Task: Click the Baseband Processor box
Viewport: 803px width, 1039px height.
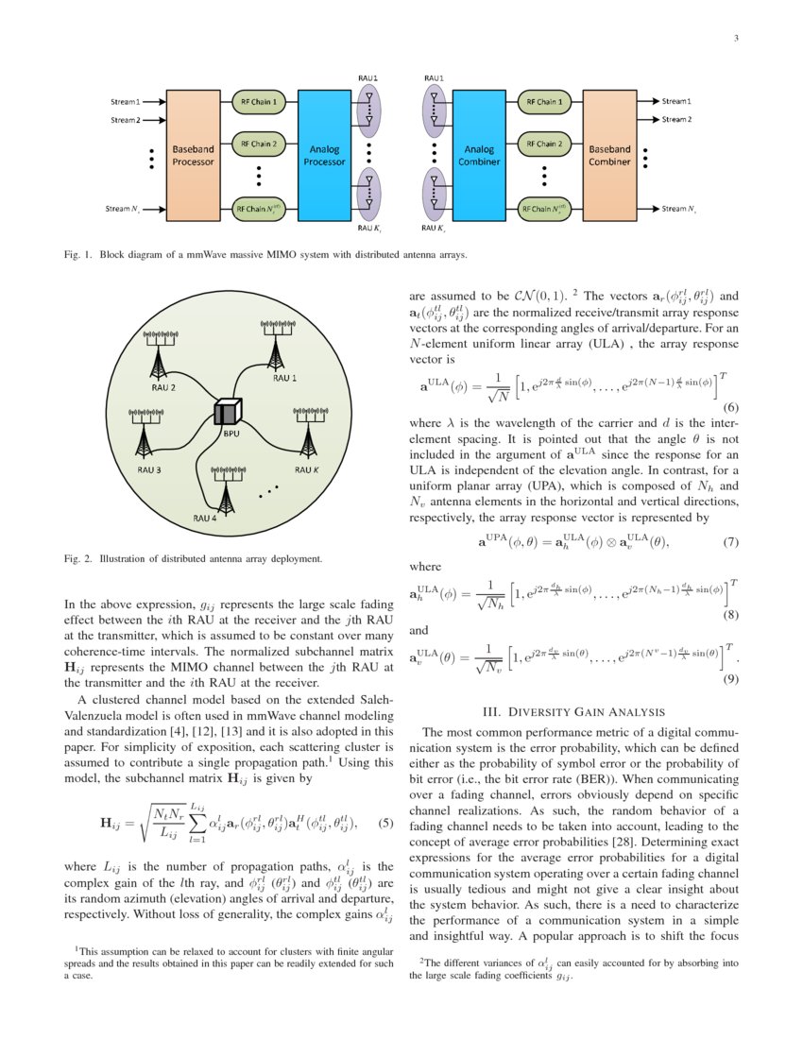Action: [x=193, y=155]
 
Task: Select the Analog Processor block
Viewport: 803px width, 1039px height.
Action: [x=324, y=155]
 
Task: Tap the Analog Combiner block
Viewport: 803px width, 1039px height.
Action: [x=479, y=155]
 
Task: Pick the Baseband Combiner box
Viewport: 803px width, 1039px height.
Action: [x=609, y=155]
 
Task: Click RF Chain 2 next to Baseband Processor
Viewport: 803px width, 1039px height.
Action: [x=258, y=145]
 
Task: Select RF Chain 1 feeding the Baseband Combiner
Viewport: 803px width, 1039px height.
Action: [x=543, y=101]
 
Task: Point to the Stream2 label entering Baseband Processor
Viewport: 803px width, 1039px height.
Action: [x=125, y=120]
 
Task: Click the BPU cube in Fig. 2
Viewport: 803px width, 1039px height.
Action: [x=228, y=412]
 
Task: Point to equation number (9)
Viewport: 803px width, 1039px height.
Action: [x=729, y=679]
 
